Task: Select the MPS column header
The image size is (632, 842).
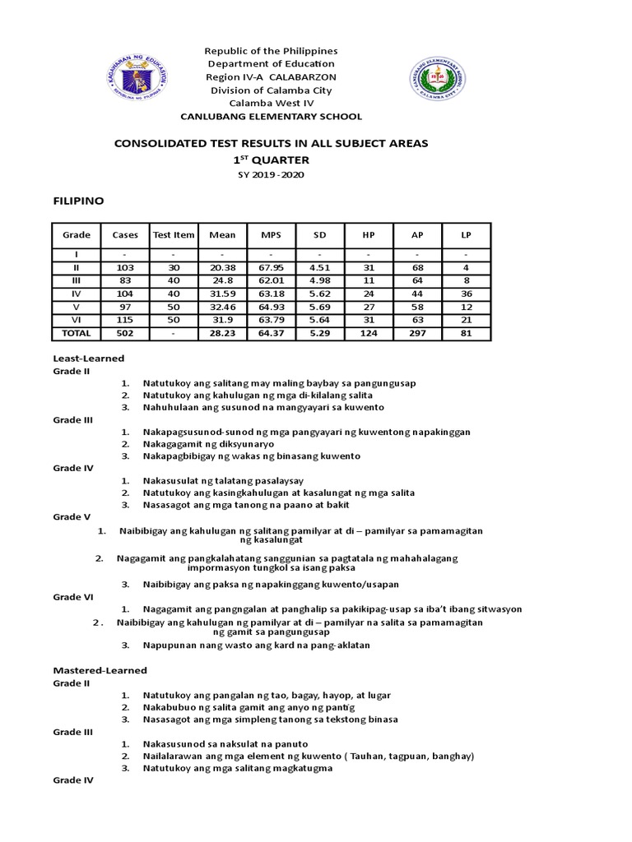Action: tap(271, 235)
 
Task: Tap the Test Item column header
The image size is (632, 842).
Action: tap(174, 235)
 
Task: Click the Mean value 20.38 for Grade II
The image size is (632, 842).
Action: tap(222, 268)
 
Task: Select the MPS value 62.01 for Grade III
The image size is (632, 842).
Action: tap(271, 281)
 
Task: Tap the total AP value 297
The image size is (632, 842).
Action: tap(417, 334)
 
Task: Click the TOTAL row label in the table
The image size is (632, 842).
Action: tap(77, 334)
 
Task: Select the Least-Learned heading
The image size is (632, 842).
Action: tap(88, 359)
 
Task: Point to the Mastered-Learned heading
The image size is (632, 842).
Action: tap(100, 671)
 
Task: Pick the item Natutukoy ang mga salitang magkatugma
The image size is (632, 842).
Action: tap(237, 768)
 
